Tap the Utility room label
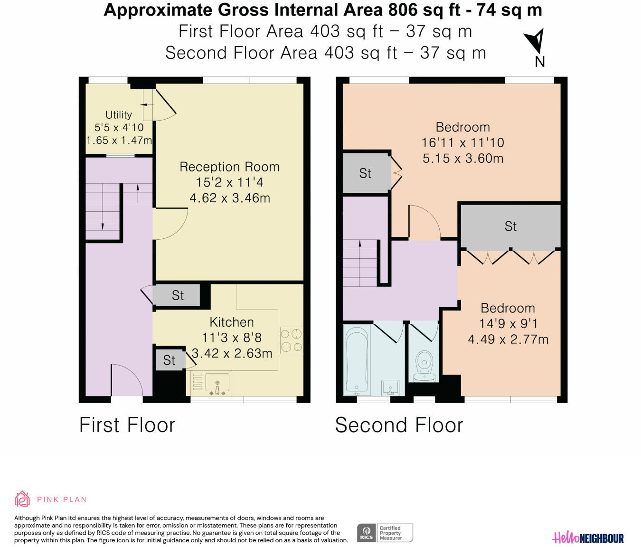(119, 115)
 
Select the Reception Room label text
(229, 167)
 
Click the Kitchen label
(232, 322)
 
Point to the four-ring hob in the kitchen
(291, 340)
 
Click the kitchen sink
(217, 384)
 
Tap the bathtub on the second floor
(357, 360)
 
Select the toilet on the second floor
(424, 366)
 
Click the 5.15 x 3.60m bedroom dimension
(462, 159)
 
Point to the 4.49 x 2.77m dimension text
(508, 339)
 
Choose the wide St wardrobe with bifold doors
(510, 226)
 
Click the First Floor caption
(127, 425)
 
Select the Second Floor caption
(399, 425)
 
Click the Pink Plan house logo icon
(22, 499)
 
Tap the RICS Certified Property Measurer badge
(385, 533)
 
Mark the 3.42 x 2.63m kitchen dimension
(232, 353)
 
